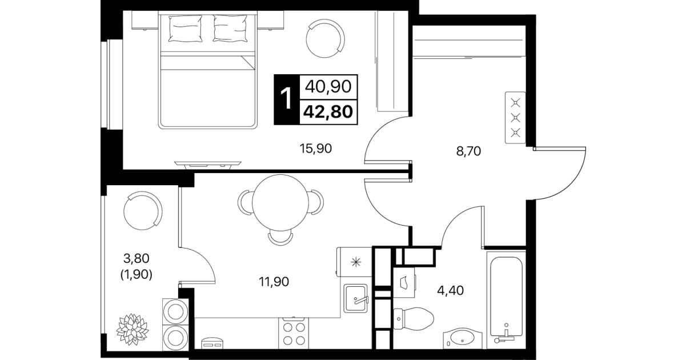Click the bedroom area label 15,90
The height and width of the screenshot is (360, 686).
[x=315, y=149]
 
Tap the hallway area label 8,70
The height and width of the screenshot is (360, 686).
[x=468, y=151]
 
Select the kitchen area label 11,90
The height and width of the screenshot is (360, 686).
[x=274, y=282]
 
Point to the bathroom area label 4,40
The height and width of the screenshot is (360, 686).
[x=450, y=290]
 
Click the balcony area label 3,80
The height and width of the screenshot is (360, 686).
[x=137, y=259]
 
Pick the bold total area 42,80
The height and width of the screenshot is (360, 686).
[x=328, y=112]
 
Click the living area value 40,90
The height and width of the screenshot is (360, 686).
[x=328, y=87]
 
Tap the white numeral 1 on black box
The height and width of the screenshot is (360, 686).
[x=287, y=99]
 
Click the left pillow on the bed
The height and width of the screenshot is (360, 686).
[x=185, y=29]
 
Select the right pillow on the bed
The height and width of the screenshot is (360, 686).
[x=230, y=28]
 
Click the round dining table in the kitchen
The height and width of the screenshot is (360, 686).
[x=280, y=202]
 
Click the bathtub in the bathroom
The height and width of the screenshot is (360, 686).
[x=506, y=297]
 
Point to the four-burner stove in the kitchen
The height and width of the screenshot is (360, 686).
[x=294, y=333]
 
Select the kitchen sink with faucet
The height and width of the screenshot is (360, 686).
[x=355, y=298]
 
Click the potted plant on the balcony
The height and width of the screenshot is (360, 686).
[x=133, y=329]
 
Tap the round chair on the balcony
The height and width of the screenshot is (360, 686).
[x=143, y=211]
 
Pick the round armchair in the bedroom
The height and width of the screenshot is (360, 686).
[x=325, y=38]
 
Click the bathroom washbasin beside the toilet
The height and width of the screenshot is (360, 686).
[x=463, y=338]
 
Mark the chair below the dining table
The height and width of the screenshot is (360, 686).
[x=280, y=238]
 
